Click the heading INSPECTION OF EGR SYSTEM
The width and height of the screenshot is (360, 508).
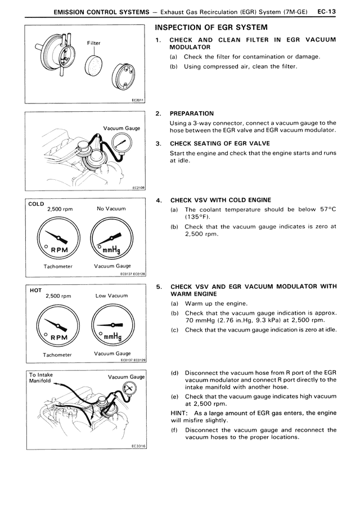(x=210, y=28)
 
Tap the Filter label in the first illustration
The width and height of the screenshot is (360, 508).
(x=93, y=43)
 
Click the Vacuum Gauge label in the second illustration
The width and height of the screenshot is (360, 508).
(x=121, y=128)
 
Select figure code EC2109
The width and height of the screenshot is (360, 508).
(x=138, y=188)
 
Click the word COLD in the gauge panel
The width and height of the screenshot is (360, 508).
(x=37, y=204)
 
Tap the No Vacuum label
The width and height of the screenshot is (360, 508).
(x=111, y=208)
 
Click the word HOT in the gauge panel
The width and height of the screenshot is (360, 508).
(x=35, y=291)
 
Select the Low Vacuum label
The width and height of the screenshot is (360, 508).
(x=111, y=296)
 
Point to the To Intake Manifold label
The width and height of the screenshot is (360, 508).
(x=40, y=377)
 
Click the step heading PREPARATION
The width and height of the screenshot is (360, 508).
(x=192, y=114)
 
